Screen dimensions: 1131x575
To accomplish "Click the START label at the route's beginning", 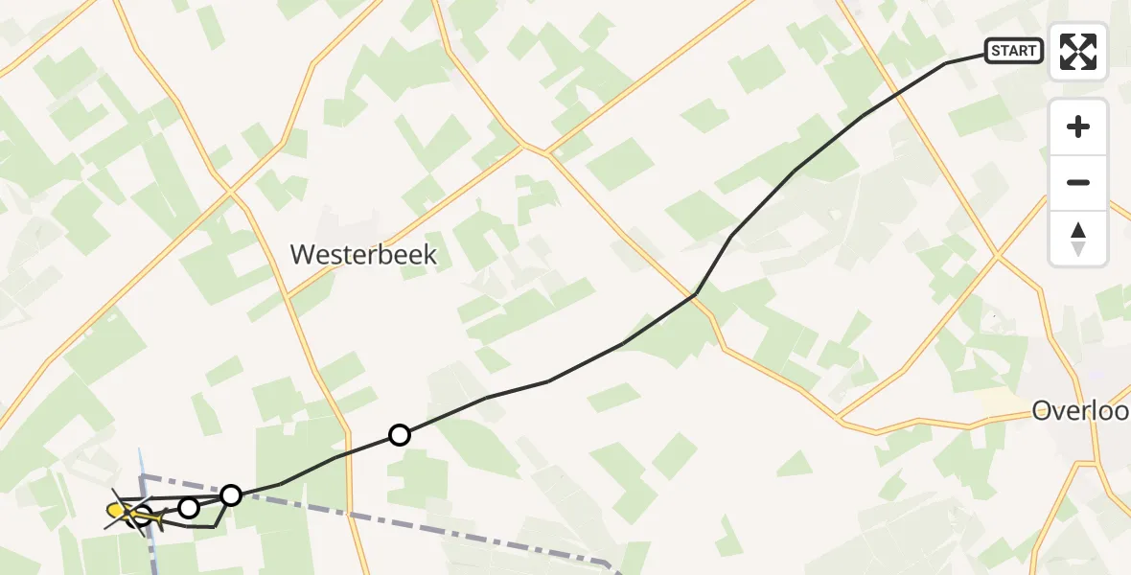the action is click(1014, 51).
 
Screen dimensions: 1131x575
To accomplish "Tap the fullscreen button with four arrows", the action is click(1078, 52).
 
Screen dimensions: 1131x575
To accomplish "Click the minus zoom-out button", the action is click(1078, 182).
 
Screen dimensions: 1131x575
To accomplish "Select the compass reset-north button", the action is click(1078, 239).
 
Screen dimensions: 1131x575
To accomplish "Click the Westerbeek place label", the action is click(363, 255).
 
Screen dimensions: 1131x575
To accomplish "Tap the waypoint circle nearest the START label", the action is click(400, 435).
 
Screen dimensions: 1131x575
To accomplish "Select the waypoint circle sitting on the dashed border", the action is click(231, 494).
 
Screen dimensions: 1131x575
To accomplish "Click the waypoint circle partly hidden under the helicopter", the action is click(142, 517).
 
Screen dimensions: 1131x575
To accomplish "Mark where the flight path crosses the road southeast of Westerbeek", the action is click(694, 294).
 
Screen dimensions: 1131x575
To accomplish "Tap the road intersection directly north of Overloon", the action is click(997, 256).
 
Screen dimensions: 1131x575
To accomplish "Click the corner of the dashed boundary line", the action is click(143, 475).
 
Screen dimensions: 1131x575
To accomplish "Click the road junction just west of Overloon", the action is click(838, 419).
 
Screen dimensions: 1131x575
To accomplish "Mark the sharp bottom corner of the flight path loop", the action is click(215, 526).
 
